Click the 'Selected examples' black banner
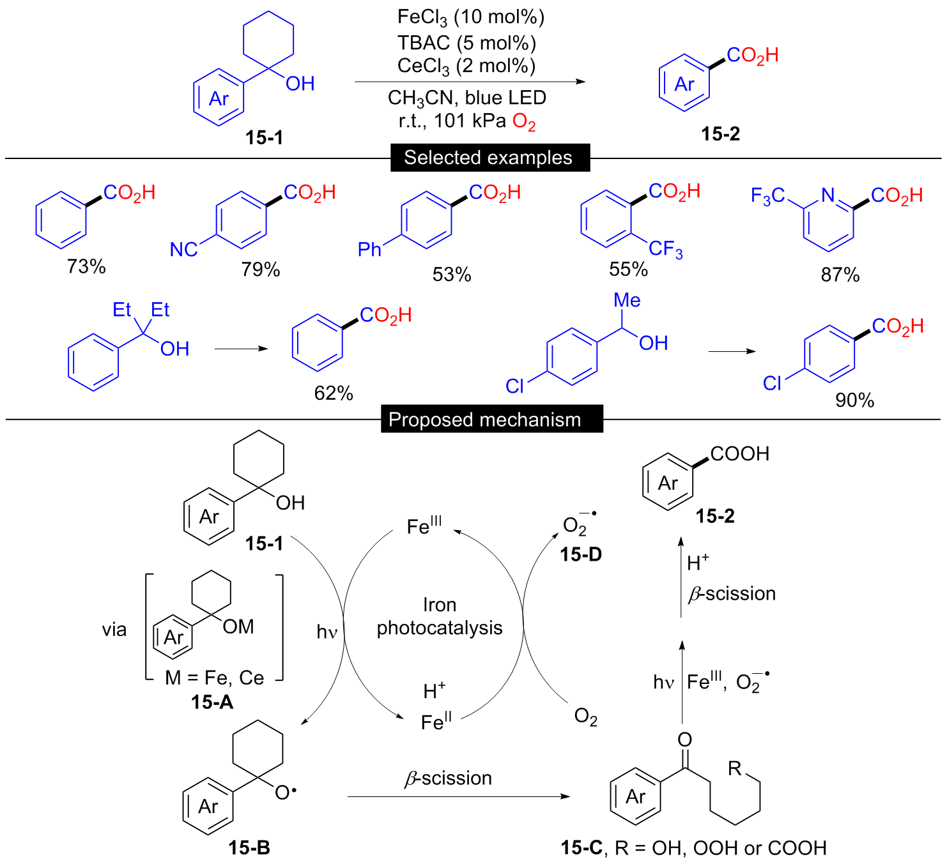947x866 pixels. (x=490, y=158)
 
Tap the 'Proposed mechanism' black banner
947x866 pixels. (x=492, y=419)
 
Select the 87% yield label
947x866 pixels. (x=840, y=275)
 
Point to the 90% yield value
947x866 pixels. (x=855, y=400)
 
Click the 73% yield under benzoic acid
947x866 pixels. (x=86, y=267)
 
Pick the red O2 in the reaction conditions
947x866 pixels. (x=524, y=122)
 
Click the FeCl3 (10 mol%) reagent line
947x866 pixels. (x=471, y=17)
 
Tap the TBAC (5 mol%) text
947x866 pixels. (x=467, y=43)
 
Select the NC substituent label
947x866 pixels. (x=183, y=250)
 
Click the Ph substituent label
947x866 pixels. (x=369, y=250)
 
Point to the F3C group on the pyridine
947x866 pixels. (x=767, y=196)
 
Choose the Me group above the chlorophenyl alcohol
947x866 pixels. (x=627, y=300)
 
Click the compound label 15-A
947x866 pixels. (x=212, y=703)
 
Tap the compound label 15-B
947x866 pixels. (x=249, y=847)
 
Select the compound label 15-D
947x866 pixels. (x=581, y=554)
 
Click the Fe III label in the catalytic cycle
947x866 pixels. (x=424, y=525)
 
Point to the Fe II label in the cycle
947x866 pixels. (x=436, y=720)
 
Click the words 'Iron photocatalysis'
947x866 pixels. (x=440, y=616)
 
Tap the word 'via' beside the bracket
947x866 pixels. (x=114, y=630)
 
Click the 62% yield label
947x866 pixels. (x=334, y=393)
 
